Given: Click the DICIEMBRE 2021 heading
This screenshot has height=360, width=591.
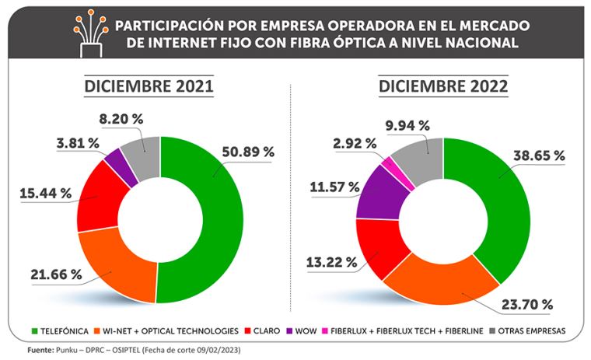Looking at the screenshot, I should point(149,86).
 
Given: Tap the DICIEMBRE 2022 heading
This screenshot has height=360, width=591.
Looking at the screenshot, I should point(443,86).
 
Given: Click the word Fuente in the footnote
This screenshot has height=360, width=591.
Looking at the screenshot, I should point(40,350).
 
